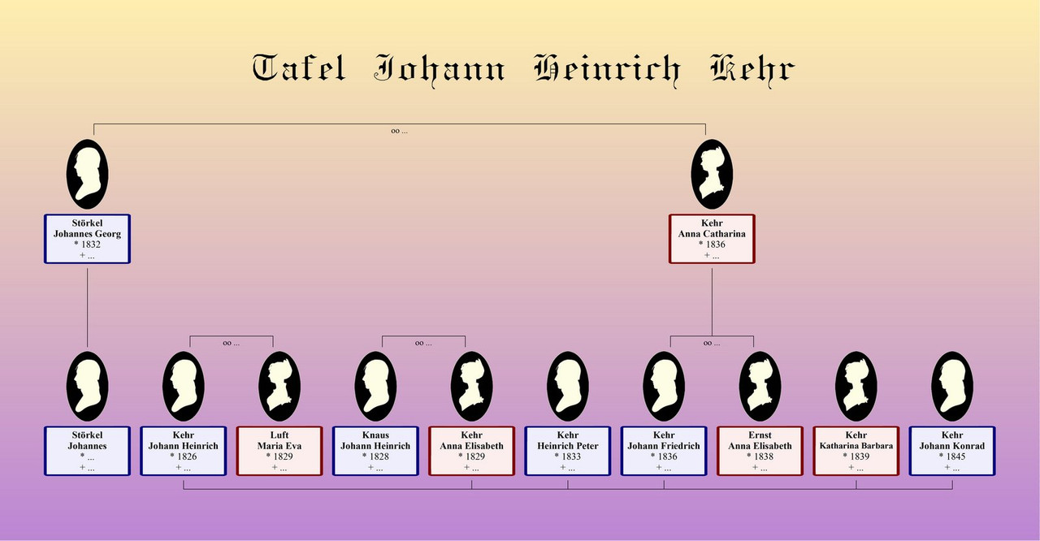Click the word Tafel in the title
click(x=299, y=67)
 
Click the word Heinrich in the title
click(x=608, y=70)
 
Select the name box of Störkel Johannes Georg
click(x=87, y=239)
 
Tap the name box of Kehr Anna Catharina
click(x=712, y=239)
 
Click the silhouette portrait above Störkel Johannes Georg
click(x=87, y=174)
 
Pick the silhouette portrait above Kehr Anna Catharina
click(x=712, y=174)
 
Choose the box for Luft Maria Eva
click(x=279, y=451)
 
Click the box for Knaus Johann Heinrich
click(x=375, y=451)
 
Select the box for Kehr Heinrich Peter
click(x=568, y=451)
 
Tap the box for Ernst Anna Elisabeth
click(x=760, y=451)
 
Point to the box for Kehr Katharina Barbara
click(x=856, y=451)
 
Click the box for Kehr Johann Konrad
click(x=952, y=451)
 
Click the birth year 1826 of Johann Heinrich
click(x=187, y=457)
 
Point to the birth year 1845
click(x=955, y=457)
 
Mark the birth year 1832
click(x=90, y=245)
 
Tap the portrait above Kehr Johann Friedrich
click(x=664, y=386)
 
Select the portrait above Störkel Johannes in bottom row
click(x=87, y=386)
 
